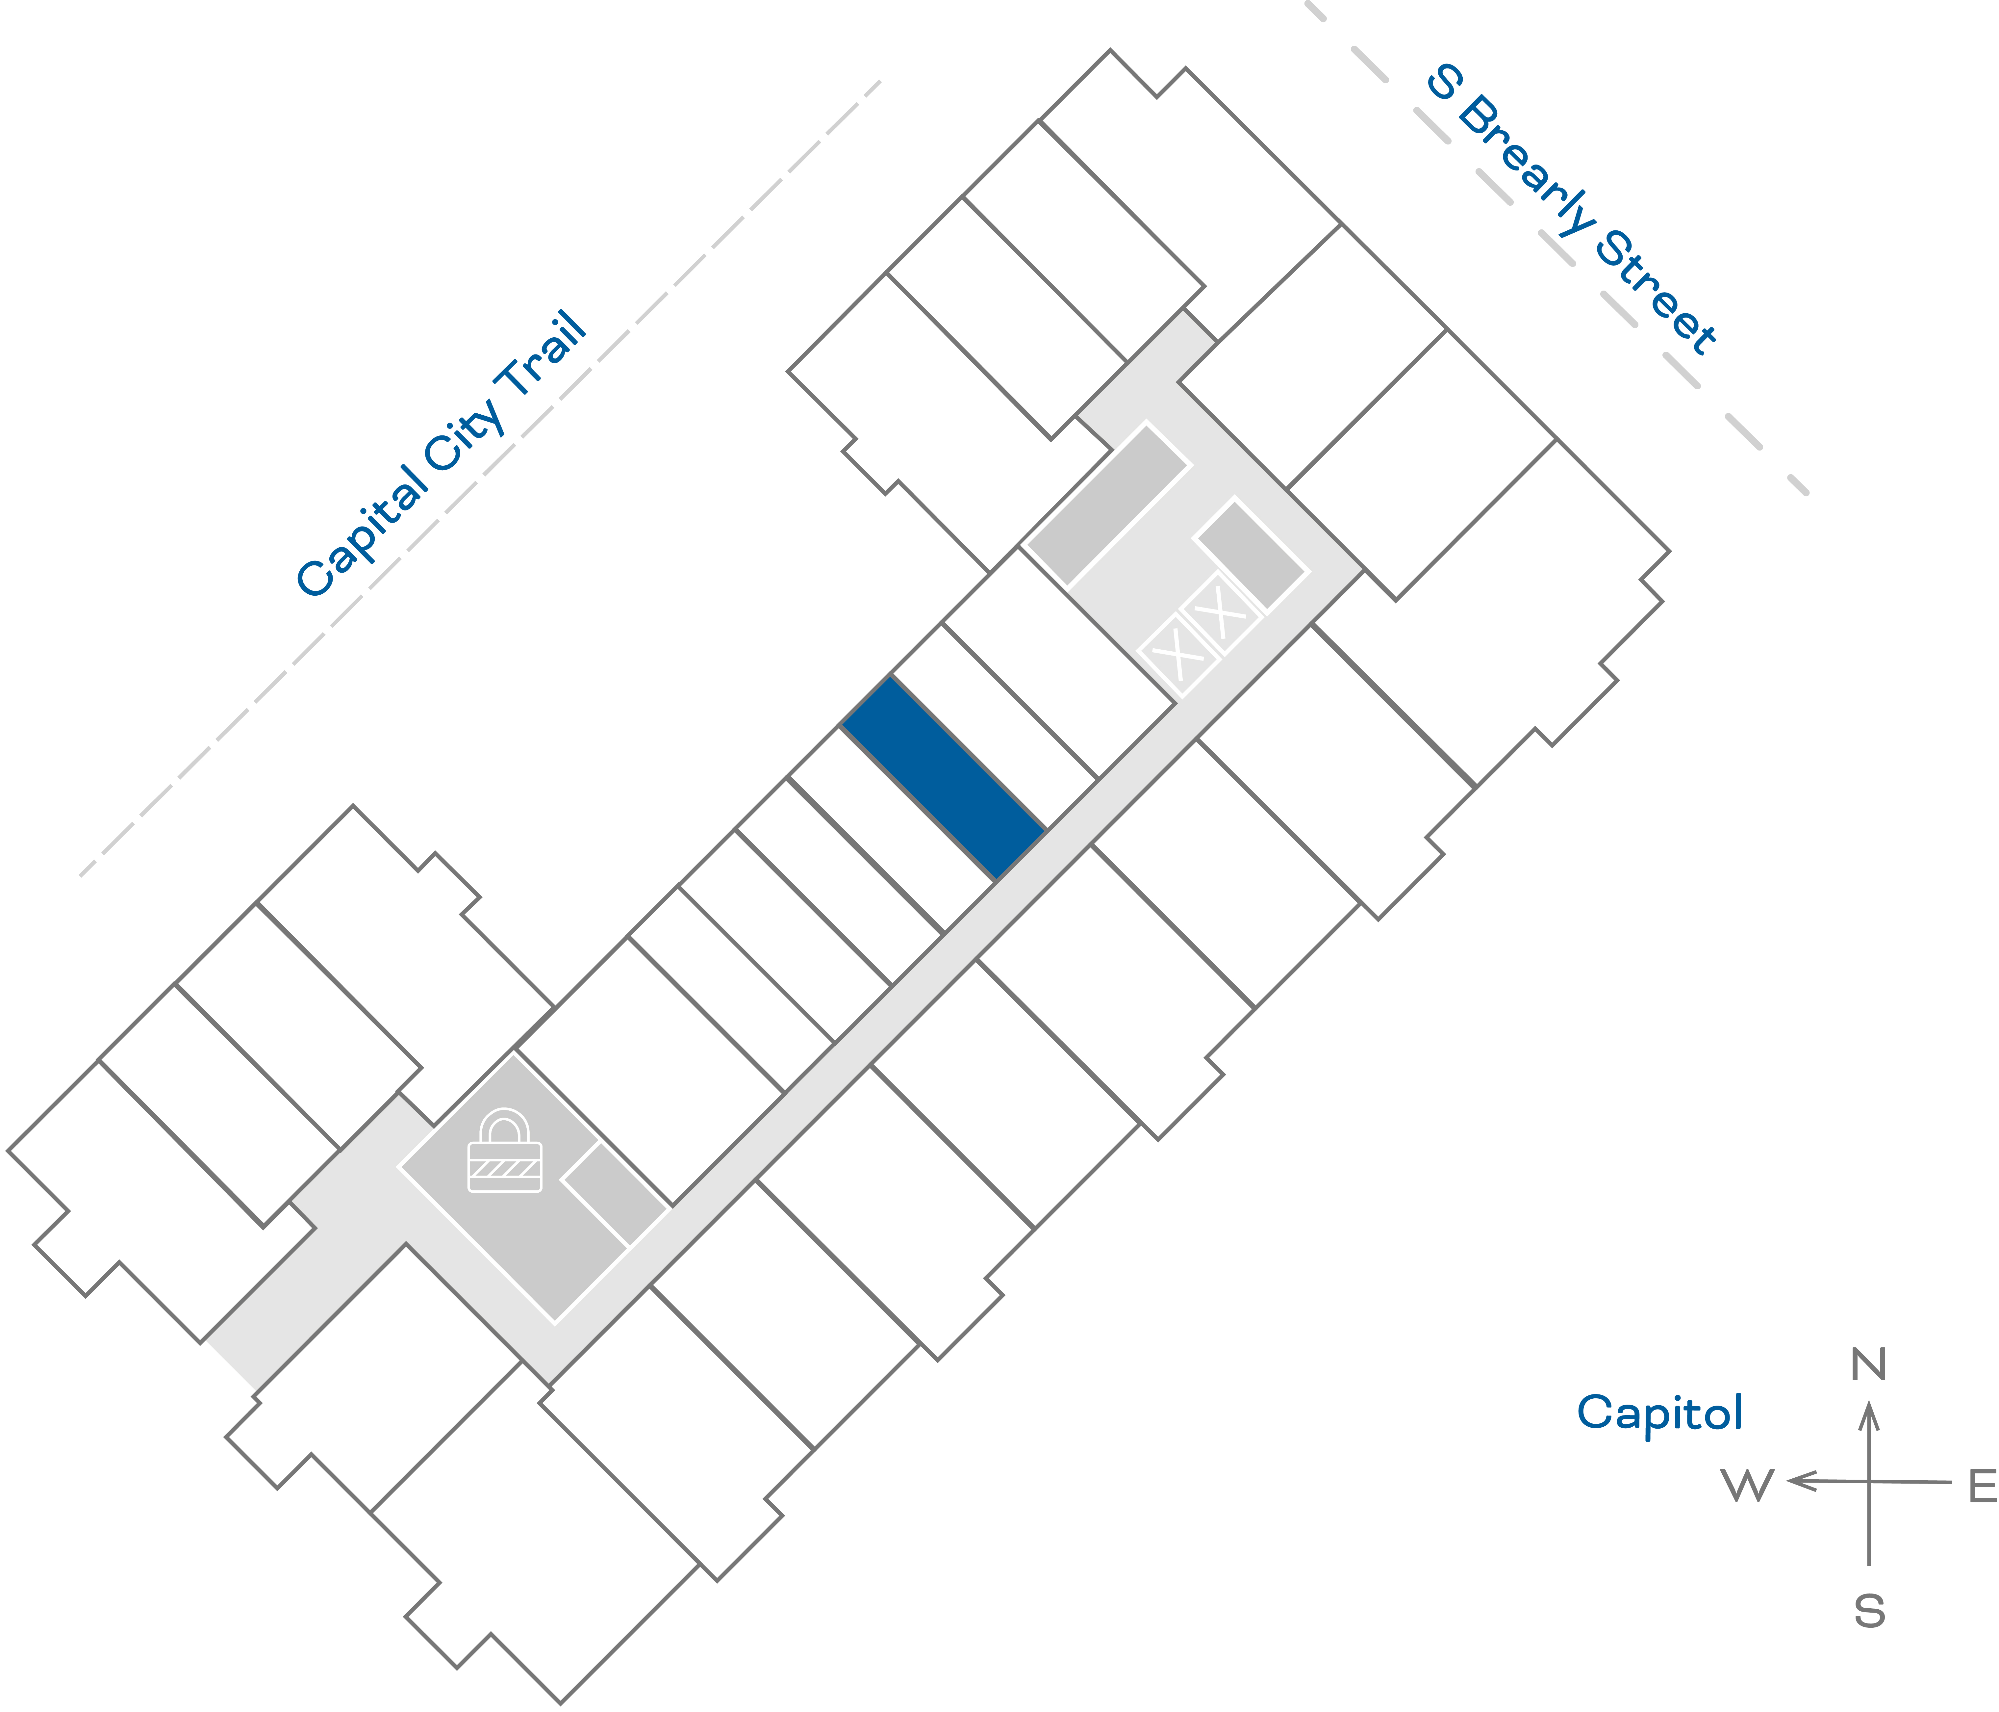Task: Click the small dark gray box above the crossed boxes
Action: [1251, 555]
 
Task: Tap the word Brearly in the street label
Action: [1524, 166]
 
